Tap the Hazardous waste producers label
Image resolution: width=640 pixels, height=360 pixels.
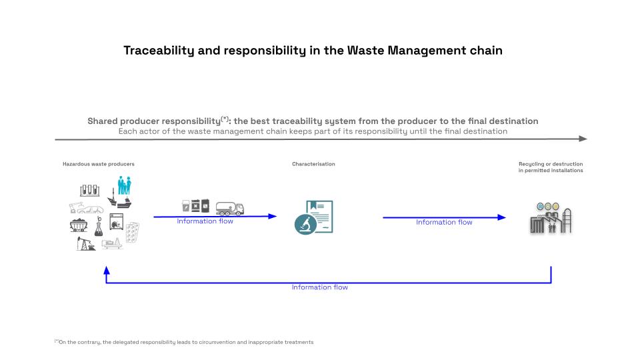[99, 164]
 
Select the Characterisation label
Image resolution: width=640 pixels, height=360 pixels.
[313, 164]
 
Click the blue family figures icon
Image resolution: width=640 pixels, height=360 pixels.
[125, 185]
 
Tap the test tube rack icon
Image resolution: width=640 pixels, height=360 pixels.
[90, 190]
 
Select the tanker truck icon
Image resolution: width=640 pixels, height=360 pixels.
[230, 208]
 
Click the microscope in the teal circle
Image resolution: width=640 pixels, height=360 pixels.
[305, 224]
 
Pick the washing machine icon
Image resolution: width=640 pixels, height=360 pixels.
[116, 221]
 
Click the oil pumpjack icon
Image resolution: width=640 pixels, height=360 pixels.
[86, 244]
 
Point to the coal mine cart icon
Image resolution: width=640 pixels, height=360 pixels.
[79, 225]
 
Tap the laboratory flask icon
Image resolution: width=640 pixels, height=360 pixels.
[99, 227]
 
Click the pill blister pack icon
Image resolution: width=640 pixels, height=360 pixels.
[132, 233]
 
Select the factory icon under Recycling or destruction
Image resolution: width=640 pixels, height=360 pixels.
[551, 219]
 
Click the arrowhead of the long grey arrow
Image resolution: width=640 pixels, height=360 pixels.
[583, 139]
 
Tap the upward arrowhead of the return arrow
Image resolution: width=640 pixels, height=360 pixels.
[107, 270]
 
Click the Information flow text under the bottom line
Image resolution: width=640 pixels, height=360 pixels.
[319, 287]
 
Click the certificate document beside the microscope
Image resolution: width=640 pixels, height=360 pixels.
[321, 216]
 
